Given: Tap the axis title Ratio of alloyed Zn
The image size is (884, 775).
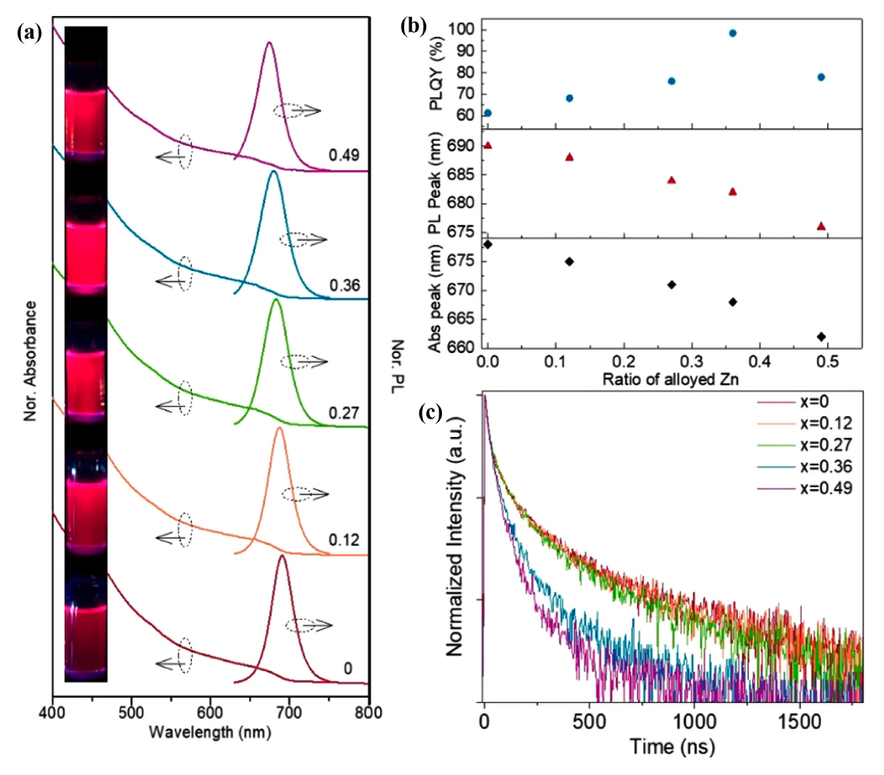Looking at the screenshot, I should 653,379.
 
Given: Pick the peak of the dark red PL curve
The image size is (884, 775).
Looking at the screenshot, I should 282,555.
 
